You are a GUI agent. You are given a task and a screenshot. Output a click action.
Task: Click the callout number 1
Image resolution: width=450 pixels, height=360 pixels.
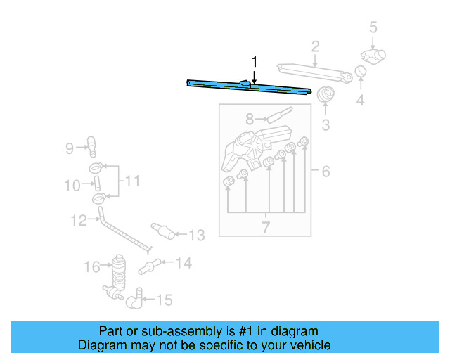pyautogui.click(x=255, y=61)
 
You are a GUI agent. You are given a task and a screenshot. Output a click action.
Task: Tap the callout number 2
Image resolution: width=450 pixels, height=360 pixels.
pyautogui.click(x=316, y=47)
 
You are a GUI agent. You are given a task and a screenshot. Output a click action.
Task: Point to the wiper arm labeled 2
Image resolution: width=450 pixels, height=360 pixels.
pyautogui.click(x=309, y=70)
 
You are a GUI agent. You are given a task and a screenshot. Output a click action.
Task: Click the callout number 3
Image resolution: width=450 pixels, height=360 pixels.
pyautogui.click(x=326, y=126)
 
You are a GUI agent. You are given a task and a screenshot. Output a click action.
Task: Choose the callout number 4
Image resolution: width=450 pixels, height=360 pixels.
pyautogui.click(x=360, y=101)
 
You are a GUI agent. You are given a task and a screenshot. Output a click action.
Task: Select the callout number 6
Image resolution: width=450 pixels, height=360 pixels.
pyautogui.click(x=326, y=171)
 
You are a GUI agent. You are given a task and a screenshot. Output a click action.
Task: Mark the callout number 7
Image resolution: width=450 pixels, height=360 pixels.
pyautogui.click(x=266, y=226)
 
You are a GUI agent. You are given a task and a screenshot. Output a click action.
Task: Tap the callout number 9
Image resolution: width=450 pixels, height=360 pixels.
pyautogui.click(x=70, y=148)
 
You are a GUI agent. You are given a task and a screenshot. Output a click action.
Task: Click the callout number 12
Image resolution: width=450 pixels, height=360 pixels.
pyautogui.click(x=78, y=221)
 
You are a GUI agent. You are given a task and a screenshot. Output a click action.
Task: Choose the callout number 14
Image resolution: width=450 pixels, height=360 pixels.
pyautogui.click(x=183, y=264)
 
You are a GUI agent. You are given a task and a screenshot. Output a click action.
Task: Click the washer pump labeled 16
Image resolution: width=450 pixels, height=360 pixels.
pyautogui.click(x=117, y=271)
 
